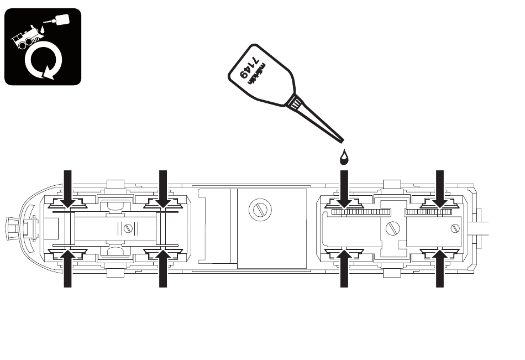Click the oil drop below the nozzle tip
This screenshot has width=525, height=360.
tap(344, 158)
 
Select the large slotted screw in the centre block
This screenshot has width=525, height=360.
tap(260, 210)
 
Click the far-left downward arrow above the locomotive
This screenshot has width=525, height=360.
tap(68, 190)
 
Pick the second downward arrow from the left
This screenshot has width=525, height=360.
tap(163, 190)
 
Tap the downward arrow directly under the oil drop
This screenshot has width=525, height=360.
tap(344, 190)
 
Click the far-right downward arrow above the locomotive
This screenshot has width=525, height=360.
tap(440, 190)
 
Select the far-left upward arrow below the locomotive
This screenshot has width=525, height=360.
tap(68, 268)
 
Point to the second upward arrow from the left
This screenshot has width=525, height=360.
tap(163, 268)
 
